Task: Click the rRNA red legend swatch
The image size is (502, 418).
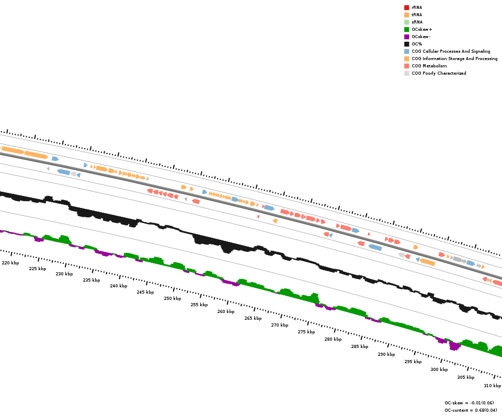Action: [x=406, y=7]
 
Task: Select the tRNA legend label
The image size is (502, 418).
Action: [x=417, y=15]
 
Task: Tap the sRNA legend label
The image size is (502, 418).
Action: [x=417, y=22]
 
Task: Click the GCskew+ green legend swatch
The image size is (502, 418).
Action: [x=406, y=29]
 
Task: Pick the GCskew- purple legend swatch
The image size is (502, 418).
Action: [x=406, y=37]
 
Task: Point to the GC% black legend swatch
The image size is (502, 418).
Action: [x=406, y=44]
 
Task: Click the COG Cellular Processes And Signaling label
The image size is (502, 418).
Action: [x=451, y=51]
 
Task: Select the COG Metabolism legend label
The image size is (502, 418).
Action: [x=429, y=66]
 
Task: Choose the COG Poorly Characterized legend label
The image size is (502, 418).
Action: [x=439, y=73]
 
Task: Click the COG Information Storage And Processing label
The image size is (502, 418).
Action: [x=454, y=59]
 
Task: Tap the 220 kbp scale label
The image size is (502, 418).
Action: [x=10, y=263]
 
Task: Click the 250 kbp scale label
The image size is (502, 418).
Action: [x=172, y=298]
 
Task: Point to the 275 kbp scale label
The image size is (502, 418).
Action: [x=306, y=332]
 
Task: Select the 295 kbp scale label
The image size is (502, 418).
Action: [x=413, y=362]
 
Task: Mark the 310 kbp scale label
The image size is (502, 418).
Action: [x=492, y=386]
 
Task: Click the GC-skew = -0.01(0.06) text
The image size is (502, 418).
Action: [x=471, y=403]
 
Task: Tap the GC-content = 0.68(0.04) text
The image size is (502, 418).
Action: [x=471, y=410]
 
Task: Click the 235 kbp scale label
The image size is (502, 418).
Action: [x=91, y=280]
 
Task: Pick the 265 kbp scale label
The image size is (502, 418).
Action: [x=253, y=318]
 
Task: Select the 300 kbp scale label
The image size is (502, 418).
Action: [x=439, y=369]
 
